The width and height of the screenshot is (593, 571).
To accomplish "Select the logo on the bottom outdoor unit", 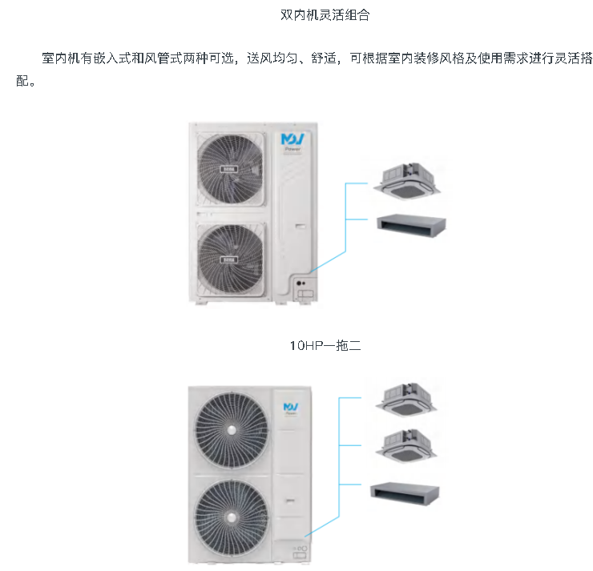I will [x=289, y=408].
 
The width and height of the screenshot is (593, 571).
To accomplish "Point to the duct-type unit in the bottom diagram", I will [x=405, y=491].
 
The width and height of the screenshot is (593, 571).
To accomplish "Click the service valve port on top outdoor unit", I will [x=301, y=283].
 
